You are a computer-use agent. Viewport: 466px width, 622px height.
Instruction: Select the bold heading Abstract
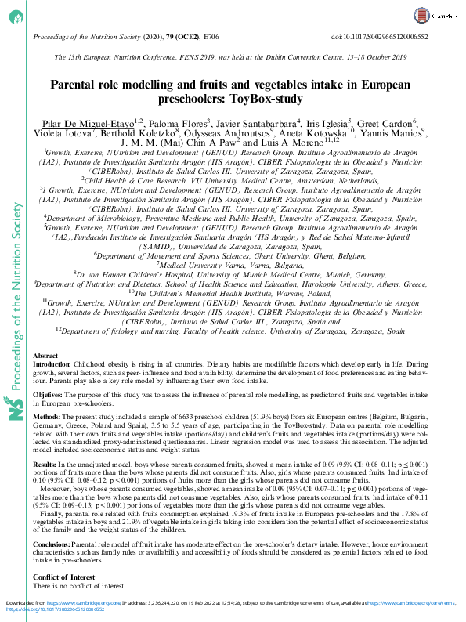[45, 356]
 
